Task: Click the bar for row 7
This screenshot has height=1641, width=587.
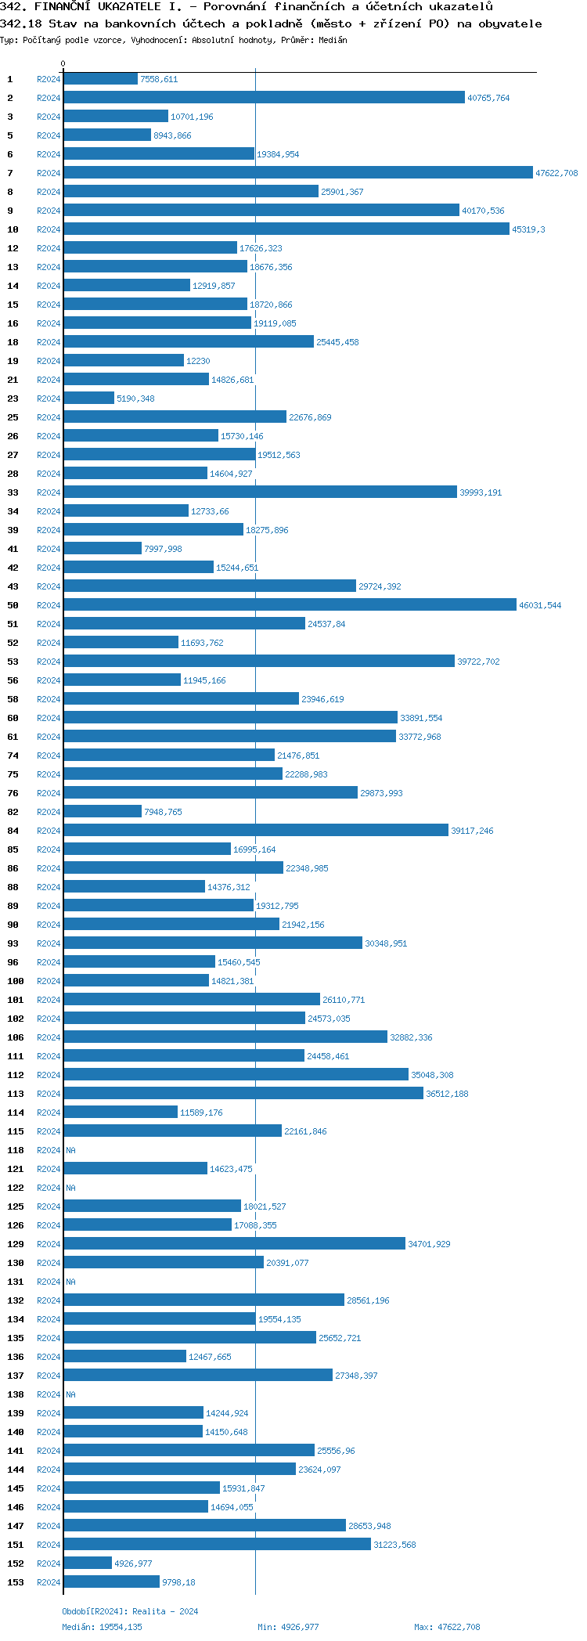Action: (x=297, y=173)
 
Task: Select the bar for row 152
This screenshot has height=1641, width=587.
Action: (x=88, y=1563)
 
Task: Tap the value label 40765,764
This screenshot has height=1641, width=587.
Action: (x=488, y=98)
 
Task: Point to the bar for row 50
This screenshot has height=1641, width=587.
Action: (x=290, y=605)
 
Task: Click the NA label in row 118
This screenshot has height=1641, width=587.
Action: (x=70, y=1150)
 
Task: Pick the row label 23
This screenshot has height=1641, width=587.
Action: (x=13, y=399)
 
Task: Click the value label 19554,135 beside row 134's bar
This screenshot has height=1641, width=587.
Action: (x=279, y=1319)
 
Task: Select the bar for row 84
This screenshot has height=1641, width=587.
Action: (x=255, y=831)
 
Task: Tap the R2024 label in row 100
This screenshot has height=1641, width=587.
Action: (x=49, y=981)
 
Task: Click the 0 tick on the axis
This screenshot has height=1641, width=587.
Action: (x=63, y=64)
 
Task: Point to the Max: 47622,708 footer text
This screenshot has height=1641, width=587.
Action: (x=447, y=1627)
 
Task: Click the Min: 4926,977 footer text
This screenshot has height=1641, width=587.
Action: (x=288, y=1627)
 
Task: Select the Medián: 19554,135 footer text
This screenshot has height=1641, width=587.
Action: (x=102, y=1627)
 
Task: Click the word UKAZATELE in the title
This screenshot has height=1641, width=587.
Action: (x=121, y=6)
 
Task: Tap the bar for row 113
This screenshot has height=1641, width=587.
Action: (x=243, y=1094)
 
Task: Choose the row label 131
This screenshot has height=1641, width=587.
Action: (x=16, y=1282)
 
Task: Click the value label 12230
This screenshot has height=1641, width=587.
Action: (x=198, y=361)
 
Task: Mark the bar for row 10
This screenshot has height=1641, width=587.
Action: (x=286, y=229)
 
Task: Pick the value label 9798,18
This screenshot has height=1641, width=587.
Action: (x=178, y=1582)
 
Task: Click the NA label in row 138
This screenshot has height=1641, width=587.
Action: (x=70, y=1394)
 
